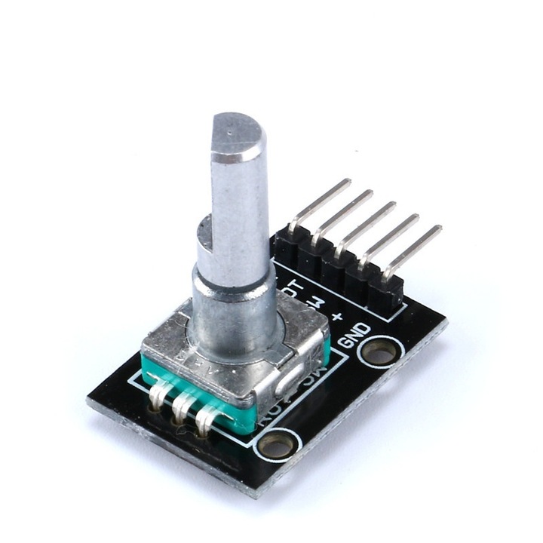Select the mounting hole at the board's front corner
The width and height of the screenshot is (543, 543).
pyautogui.click(x=277, y=443)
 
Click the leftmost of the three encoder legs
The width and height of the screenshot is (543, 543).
pyautogui.click(x=161, y=399)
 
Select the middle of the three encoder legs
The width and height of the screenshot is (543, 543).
pyautogui.click(x=183, y=411)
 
